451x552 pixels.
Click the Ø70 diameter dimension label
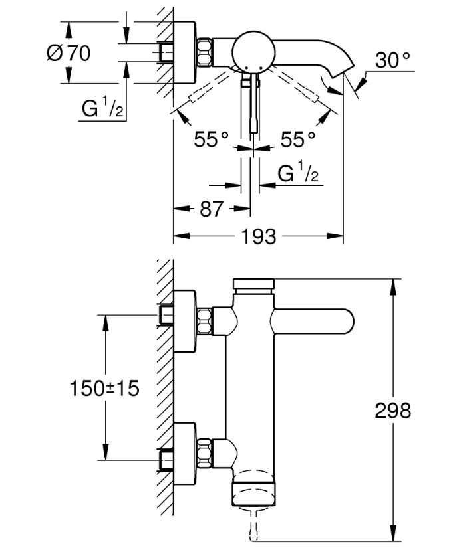(x=69, y=53)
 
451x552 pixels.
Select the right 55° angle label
(x=298, y=139)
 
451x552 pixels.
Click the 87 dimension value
(x=212, y=209)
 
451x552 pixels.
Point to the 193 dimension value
(x=259, y=236)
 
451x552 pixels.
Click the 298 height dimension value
(x=393, y=411)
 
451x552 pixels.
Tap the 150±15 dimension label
(x=104, y=389)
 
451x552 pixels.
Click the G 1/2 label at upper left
(x=102, y=108)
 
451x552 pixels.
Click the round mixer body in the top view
(x=254, y=52)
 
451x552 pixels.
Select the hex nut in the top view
(x=204, y=52)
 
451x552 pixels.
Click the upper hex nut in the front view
(x=204, y=321)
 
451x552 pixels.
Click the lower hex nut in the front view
(x=204, y=454)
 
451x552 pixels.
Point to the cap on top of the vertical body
(x=254, y=284)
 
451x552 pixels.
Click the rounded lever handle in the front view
(x=313, y=320)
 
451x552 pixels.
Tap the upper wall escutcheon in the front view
(x=184, y=321)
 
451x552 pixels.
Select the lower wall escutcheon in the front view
(x=184, y=454)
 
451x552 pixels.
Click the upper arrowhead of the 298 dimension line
(x=393, y=287)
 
